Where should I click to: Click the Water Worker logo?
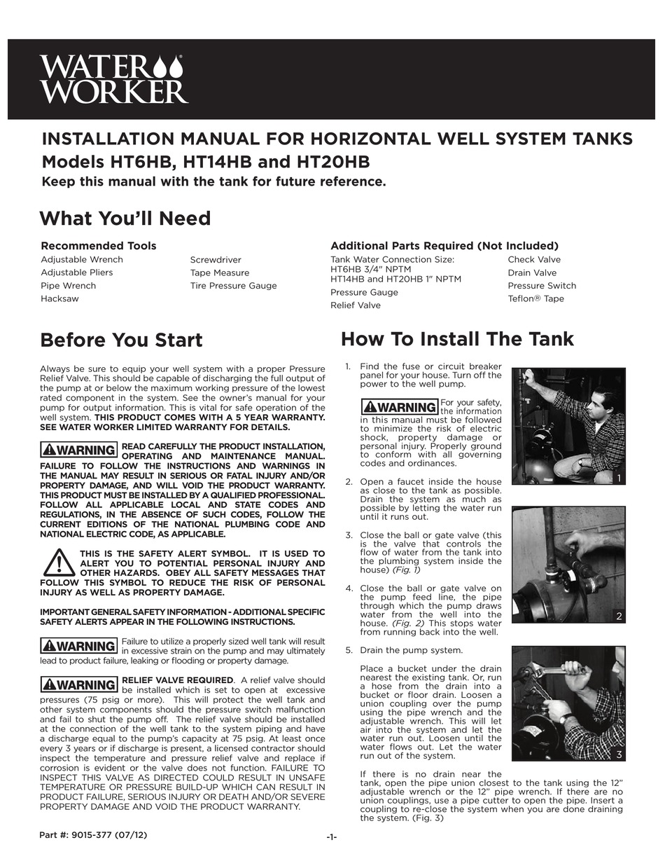(113, 79)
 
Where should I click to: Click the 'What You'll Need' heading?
(125, 219)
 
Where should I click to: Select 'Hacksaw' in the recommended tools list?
(59, 298)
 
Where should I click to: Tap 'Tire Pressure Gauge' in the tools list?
(233, 286)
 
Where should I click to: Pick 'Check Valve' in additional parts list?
(534, 260)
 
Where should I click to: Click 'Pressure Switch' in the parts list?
(542, 286)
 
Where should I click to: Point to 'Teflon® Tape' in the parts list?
(535, 299)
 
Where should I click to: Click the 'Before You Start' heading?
(121, 340)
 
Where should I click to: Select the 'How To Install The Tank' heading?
(457, 340)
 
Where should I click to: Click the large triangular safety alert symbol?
(59, 562)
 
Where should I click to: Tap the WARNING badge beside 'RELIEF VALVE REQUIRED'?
(78, 684)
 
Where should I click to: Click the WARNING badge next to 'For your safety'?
(399, 407)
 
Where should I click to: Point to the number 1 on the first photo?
(618, 478)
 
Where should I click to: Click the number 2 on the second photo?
(618, 616)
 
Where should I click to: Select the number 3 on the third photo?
(619, 755)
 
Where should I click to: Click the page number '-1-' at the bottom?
(332, 837)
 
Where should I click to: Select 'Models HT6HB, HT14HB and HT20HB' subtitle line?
(206, 162)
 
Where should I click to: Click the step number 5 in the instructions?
(349, 650)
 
